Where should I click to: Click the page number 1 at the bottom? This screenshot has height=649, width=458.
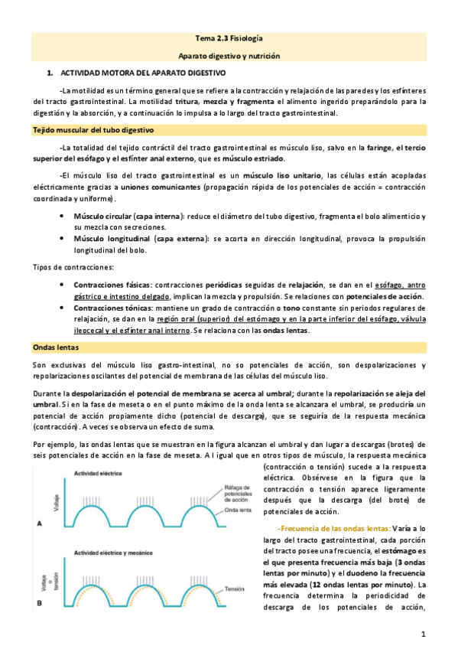(x=422, y=634)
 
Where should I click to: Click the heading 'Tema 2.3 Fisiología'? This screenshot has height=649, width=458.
(x=229, y=38)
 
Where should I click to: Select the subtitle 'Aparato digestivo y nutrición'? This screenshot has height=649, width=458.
(x=229, y=56)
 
